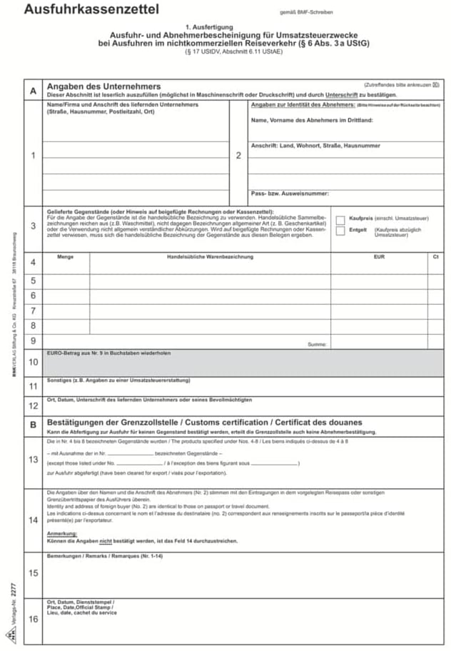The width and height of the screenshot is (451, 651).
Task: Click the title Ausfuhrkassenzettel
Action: point(91,9)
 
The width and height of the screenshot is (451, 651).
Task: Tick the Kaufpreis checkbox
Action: point(340,220)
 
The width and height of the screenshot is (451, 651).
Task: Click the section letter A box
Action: point(33,91)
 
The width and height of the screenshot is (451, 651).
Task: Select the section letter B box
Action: point(33,425)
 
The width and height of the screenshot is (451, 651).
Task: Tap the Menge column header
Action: point(65,257)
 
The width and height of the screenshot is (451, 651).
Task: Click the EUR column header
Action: point(378,257)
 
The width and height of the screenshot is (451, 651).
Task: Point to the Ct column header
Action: point(435,257)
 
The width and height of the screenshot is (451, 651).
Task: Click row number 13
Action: point(33,459)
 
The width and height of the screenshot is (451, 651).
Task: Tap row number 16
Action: point(33,619)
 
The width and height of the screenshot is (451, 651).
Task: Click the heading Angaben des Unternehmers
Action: point(104,86)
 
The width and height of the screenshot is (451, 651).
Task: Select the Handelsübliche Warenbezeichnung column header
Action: point(210,257)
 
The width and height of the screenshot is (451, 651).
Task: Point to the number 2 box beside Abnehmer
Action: point(238,155)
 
